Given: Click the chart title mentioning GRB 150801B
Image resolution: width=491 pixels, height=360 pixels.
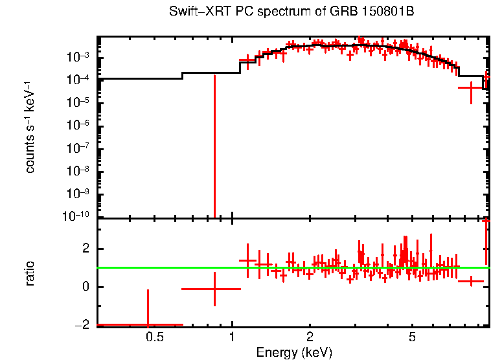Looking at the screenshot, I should point(291,12).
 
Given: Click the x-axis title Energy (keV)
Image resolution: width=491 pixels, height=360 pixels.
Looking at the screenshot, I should point(294,352).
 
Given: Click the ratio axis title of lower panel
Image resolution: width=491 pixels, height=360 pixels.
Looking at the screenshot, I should point(30,273).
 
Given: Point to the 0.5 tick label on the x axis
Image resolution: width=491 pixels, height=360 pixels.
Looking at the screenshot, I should point(154,338).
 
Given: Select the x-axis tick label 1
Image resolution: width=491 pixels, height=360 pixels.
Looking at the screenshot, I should point(233,338).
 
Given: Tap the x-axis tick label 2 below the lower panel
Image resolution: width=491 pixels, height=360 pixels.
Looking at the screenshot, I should point(310,338).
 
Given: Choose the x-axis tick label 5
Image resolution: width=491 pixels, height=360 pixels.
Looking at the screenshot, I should point(413,338).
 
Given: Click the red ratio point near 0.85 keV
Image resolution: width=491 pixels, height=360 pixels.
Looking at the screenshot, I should point(214,289).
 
